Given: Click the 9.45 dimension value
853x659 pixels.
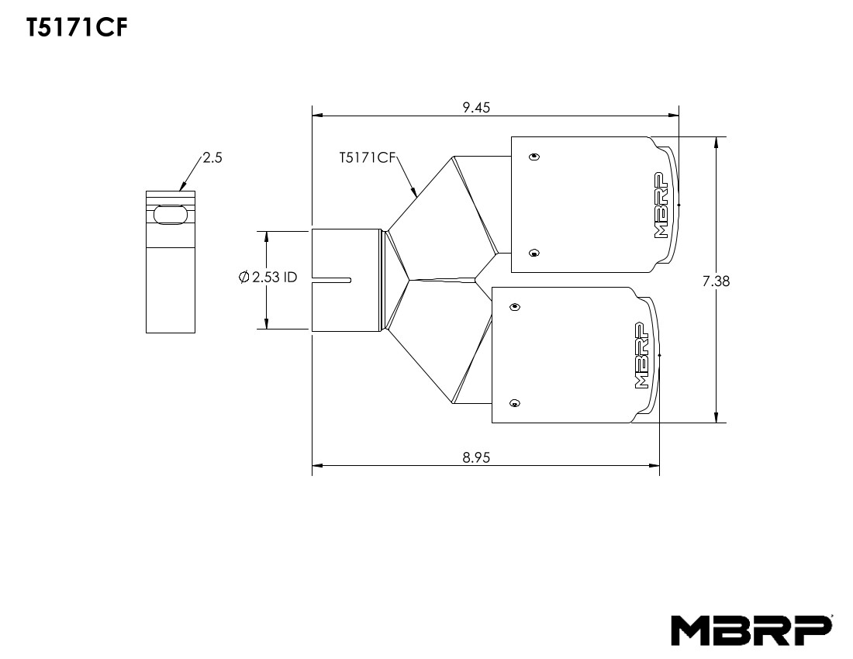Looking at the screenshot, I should [476, 108].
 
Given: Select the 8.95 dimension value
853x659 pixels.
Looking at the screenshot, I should [476, 457].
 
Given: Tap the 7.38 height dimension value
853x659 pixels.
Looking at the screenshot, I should [716, 281].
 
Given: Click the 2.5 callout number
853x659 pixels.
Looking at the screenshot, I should [212, 157].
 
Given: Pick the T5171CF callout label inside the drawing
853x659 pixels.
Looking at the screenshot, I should [368, 157].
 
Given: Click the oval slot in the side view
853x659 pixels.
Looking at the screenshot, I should [170, 216].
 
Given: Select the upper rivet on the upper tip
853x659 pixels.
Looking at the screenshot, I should [533, 157].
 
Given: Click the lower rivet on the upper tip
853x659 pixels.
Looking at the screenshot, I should [533, 253].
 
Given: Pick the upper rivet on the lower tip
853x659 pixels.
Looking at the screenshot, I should [514, 308].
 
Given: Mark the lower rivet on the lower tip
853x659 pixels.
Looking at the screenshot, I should [514, 403].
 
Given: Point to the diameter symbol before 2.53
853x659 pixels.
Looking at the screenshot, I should [244, 277].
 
